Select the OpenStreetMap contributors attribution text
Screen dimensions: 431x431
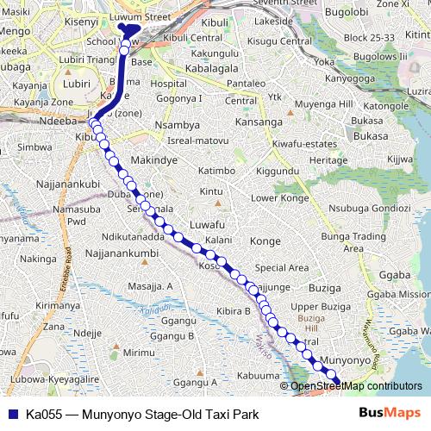point(356,385)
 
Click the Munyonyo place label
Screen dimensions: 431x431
point(344,357)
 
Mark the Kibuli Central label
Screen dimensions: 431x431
point(193,38)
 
